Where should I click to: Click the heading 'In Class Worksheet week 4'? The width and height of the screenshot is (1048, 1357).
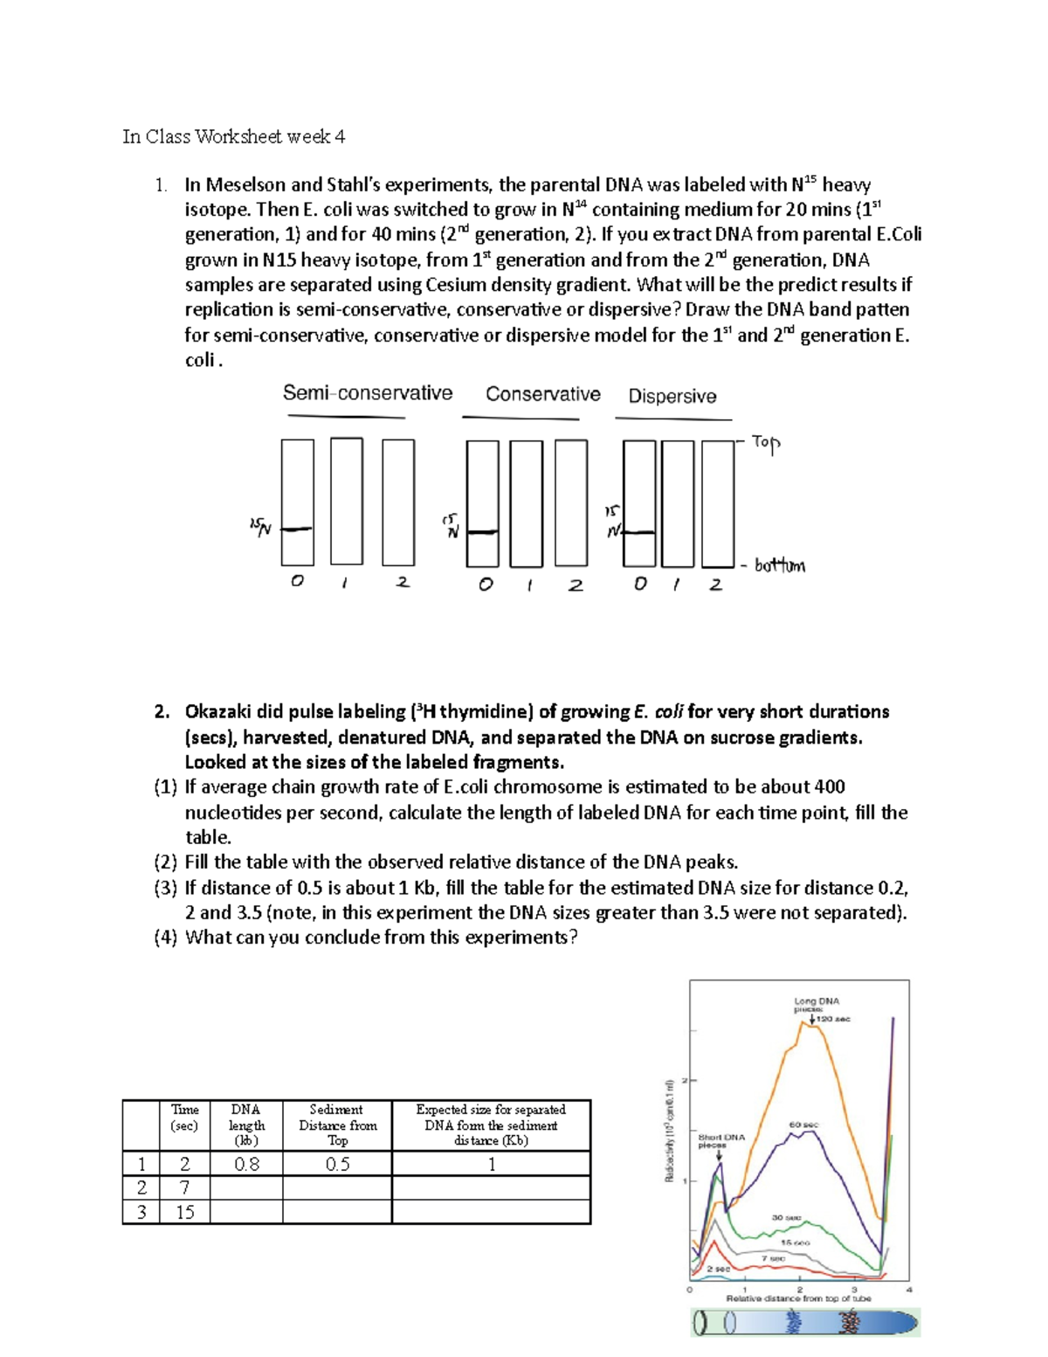pyautogui.click(x=233, y=136)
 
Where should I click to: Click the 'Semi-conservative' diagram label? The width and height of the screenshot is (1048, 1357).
pyautogui.click(x=367, y=393)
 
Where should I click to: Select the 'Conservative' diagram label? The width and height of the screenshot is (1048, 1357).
pyautogui.click(x=542, y=394)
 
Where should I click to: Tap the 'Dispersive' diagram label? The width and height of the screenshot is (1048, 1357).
pyautogui.click(x=672, y=397)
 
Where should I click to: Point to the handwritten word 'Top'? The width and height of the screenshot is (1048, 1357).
pyautogui.click(x=765, y=443)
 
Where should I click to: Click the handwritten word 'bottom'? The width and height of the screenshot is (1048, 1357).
pyautogui.click(x=779, y=566)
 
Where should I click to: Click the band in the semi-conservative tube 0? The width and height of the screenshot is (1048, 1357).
pyautogui.click(x=297, y=529)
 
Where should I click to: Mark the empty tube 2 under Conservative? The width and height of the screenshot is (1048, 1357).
pyautogui.click(x=571, y=503)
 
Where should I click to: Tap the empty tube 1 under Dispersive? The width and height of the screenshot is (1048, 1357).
pyautogui.click(x=678, y=503)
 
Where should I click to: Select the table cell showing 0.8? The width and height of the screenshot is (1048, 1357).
pyautogui.click(x=246, y=1164)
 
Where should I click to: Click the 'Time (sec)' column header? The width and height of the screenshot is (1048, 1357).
pyautogui.click(x=184, y=1118)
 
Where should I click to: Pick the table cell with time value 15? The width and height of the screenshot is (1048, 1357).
pyautogui.click(x=184, y=1212)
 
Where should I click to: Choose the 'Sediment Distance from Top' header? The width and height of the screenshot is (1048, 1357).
pyautogui.click(x=337, y=1125)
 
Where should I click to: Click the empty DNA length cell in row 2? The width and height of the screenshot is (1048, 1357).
pyautogui.click(x=246, y=1187)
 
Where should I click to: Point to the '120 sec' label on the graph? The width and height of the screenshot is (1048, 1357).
pyautogui.click(x=833, y=1019)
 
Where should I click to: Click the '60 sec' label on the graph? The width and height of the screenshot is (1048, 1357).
pyautogui.click(x=803, y=1125)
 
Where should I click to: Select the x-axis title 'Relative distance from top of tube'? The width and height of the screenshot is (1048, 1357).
pyautogui.click(x=798, y=1298)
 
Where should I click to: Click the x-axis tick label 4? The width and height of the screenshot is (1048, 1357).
pyautogui.click(x=909, y=1289)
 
